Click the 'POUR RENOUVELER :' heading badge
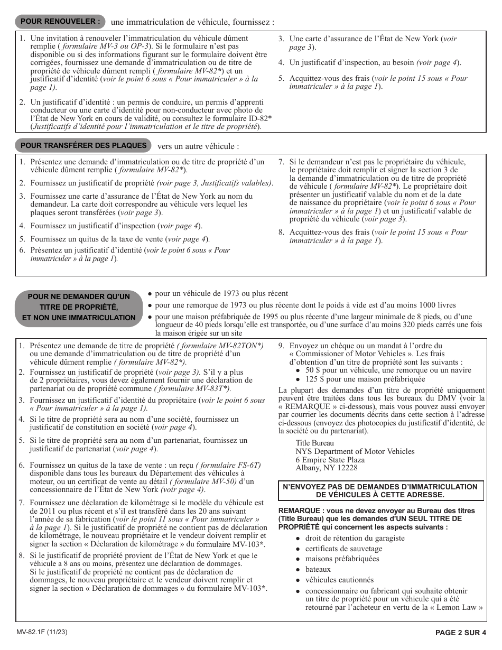coord(60,22)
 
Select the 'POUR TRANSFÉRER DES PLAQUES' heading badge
coord(83,145)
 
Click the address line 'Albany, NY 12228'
coord(326,468)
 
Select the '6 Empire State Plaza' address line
coord(330,460)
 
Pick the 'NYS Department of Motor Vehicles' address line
coord(355,451)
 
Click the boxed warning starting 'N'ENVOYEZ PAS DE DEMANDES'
coord(381,490)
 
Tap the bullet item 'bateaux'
coord(318,569)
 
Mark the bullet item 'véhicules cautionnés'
coord(339,580)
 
